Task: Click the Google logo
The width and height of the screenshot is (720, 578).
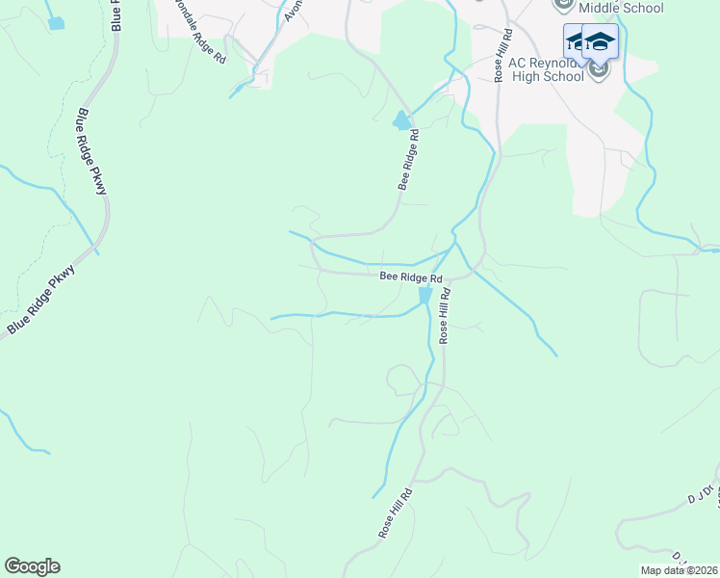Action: coord(32,566)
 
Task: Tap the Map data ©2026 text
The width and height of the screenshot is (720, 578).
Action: coord(679,570)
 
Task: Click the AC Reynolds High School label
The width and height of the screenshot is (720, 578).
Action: coord(536,68)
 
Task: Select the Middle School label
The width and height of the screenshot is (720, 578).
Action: coord(616,8)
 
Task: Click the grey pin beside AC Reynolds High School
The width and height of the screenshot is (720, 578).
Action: coord(600,70)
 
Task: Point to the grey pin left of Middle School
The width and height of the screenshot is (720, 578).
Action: coord(564,5)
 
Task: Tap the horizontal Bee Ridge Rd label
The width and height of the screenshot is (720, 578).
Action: coord(410,277)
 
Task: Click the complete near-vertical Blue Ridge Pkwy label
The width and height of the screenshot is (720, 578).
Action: coord(91,152)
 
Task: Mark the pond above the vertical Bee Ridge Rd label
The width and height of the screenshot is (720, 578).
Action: coord(401,121)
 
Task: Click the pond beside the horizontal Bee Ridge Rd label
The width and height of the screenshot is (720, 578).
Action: coord(424,296)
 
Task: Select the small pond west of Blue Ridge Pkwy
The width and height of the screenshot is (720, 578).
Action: coord(58,22)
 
